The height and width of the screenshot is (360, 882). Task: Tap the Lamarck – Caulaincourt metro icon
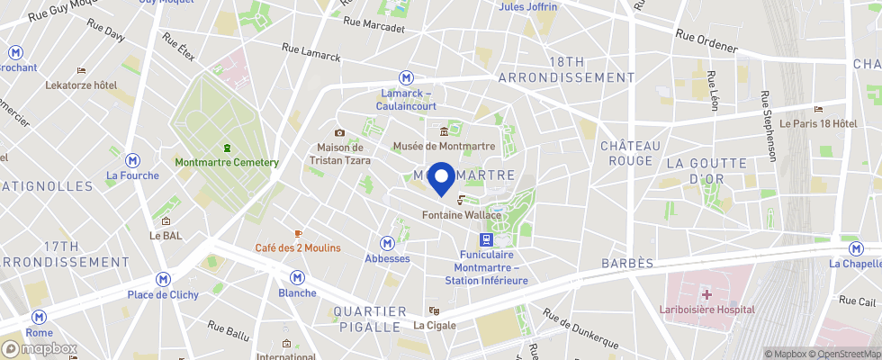[407, 78]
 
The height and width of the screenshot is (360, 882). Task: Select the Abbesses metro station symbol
[387, 243]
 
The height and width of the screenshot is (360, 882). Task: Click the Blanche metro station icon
[297, 278]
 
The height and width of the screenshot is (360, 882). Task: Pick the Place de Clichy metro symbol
[163, 280]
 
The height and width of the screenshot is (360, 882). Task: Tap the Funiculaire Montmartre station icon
[486, 239]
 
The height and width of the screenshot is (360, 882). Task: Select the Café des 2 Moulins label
[297, 248]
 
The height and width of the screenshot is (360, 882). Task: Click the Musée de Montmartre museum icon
[444, 132]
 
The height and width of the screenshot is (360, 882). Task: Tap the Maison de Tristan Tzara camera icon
[339, 132]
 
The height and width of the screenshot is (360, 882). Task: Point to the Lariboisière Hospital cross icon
[706, 294]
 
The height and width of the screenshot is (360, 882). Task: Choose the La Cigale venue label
[435, 325]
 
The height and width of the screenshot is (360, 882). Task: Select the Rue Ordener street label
[706, 40]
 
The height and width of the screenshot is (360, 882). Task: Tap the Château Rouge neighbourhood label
[631, 153]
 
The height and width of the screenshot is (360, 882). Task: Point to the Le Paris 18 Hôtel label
[818, 123]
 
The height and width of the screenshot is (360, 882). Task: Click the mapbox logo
[40, 348]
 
